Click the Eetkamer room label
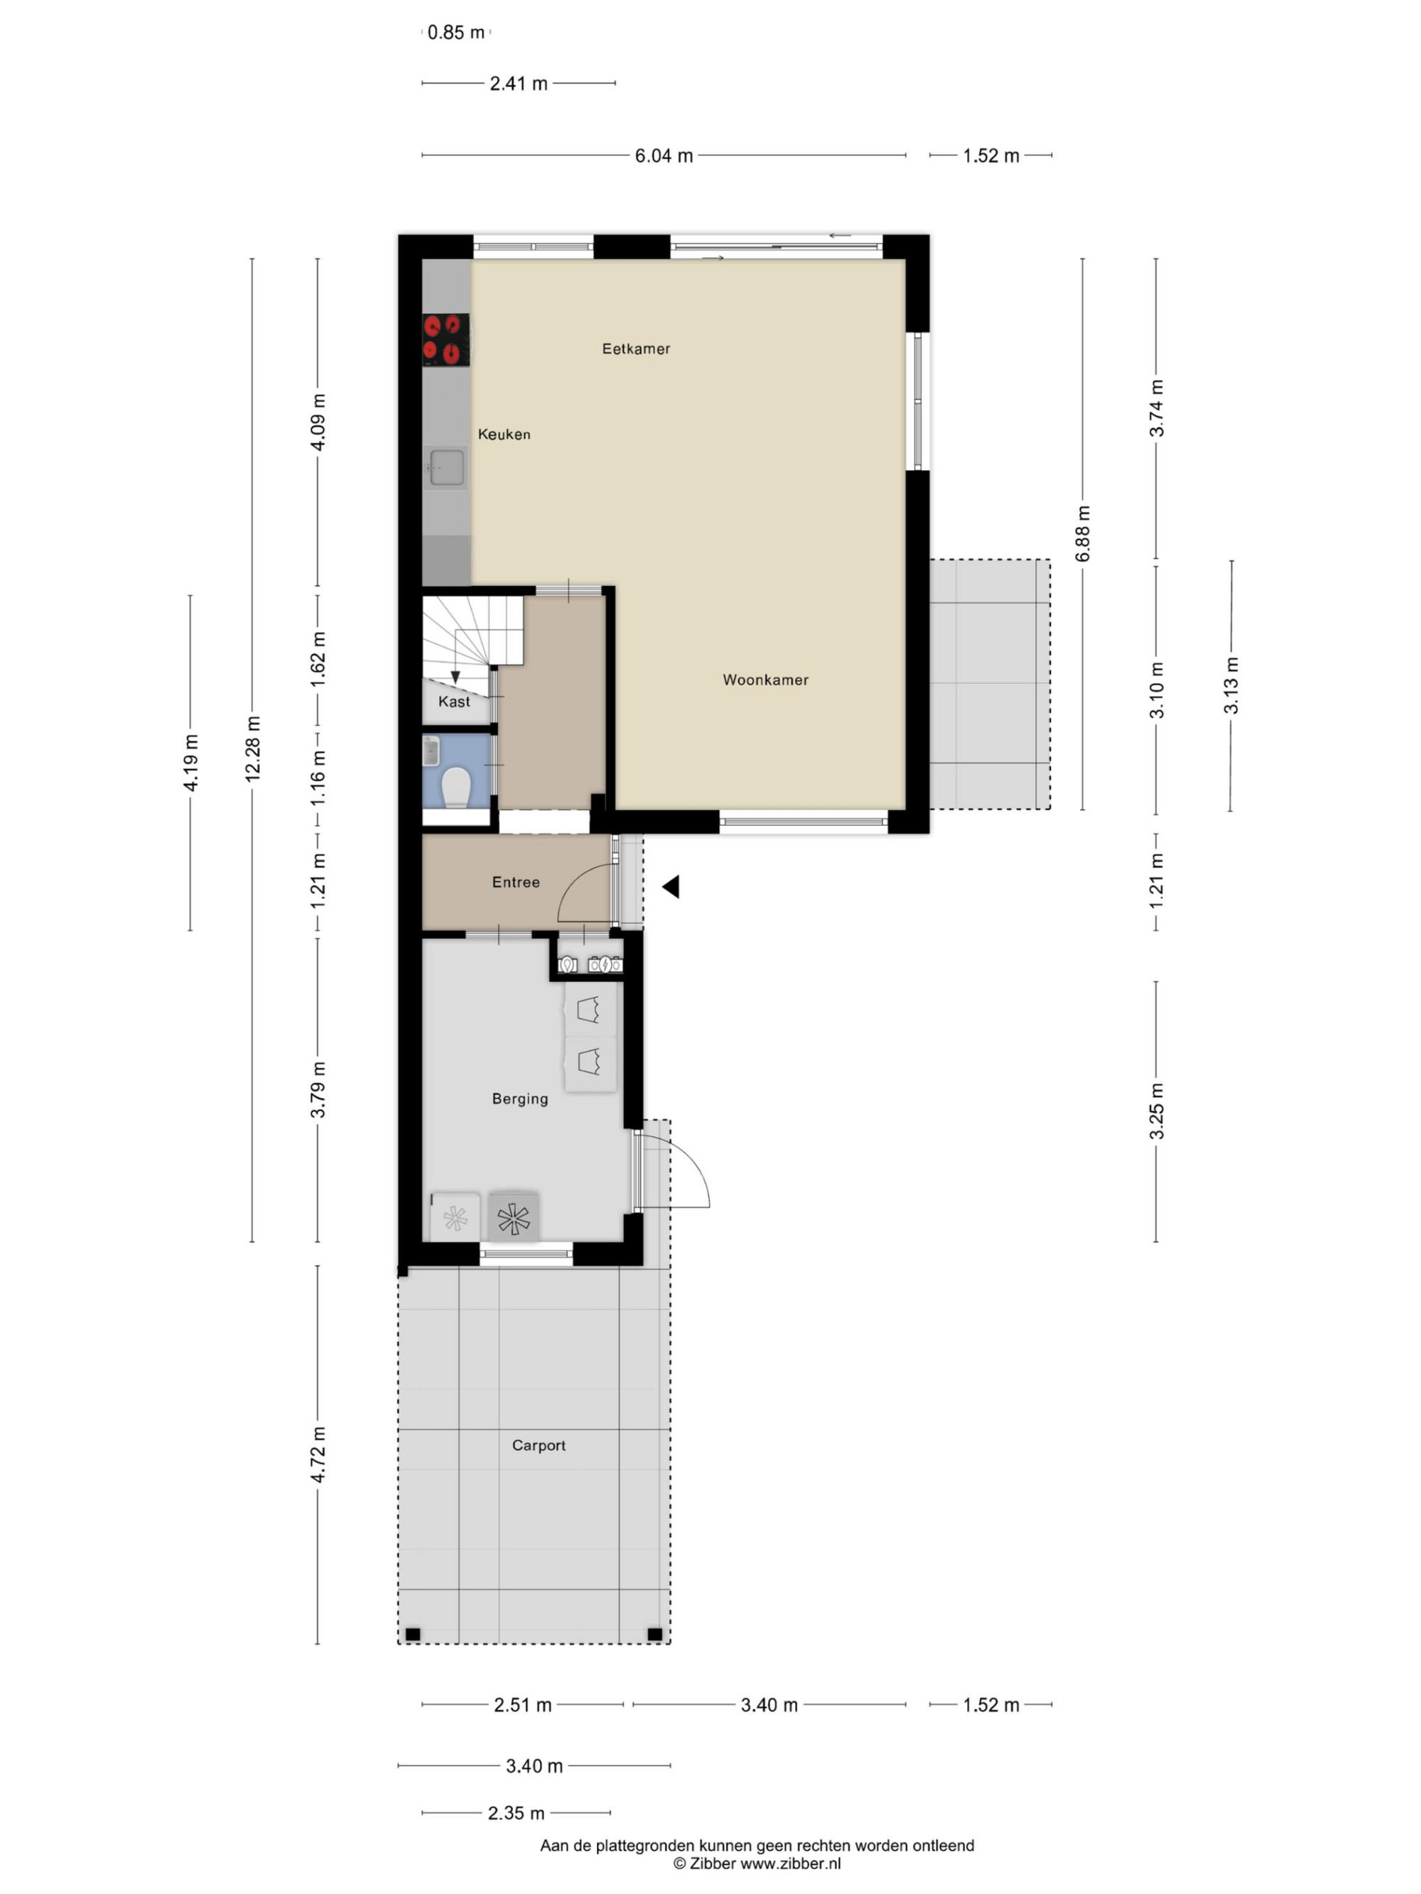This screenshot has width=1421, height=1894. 636,349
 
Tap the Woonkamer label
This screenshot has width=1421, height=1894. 765,680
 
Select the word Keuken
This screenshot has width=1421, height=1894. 504,434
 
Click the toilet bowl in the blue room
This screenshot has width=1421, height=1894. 455,787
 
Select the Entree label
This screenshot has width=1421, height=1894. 516,882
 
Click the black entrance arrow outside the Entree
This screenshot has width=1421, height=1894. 671,886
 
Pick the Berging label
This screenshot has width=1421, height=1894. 520,1099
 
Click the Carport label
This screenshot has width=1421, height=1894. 539,1445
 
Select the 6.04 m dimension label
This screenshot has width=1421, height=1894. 664,156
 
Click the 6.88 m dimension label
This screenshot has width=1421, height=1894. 1084,533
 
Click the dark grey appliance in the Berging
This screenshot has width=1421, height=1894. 514,1217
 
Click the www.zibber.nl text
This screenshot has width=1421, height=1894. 791,1863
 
